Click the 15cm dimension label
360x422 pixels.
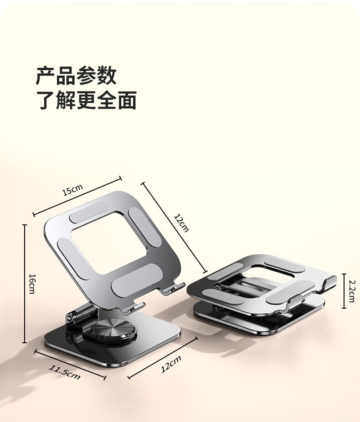click(x=72, y=190)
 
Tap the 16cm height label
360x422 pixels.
click(x=32, y=284)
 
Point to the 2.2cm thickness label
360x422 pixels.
click(x=352, y=291)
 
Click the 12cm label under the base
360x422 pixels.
click(x=171, y=364)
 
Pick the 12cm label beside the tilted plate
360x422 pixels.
click(x=181, y=223)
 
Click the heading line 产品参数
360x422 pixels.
click(x=76, y=76)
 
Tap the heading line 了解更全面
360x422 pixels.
click(x=86, y=100)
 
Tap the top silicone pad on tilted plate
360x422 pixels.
click(x=89, y=212)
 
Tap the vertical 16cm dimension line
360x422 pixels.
click(x=25, y=284)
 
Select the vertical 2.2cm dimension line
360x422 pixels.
click(x=344, y=291)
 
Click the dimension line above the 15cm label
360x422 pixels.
click(x=77, y=196)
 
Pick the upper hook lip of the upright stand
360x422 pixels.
click(x=172, y=288)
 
